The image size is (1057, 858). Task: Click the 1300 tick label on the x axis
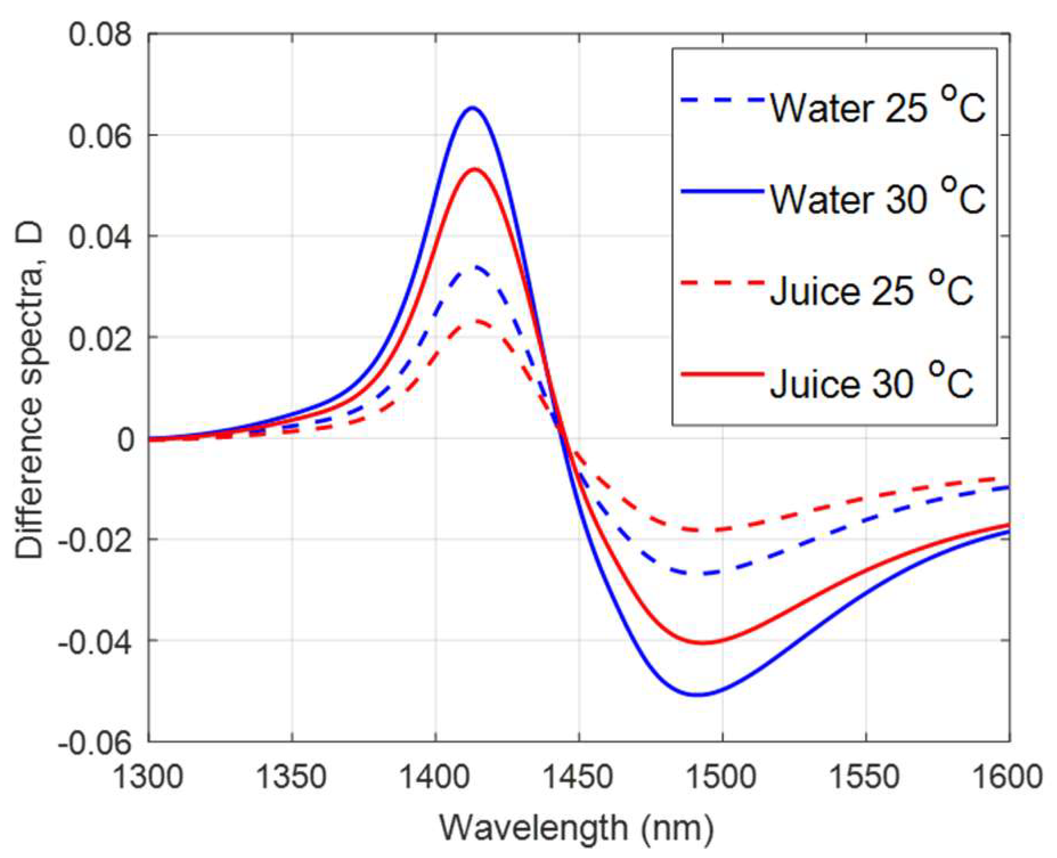(x=149, y=777)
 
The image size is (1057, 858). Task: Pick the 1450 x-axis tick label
(x=578, y=777)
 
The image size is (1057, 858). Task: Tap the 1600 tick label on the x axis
(x=1007, y=777)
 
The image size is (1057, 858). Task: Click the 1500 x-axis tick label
(x=722, y=777)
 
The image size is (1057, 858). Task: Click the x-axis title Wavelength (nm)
(x=577, y=828)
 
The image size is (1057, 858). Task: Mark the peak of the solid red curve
(x=474, y=169)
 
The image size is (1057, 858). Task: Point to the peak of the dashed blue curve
(x=474, y=267)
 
